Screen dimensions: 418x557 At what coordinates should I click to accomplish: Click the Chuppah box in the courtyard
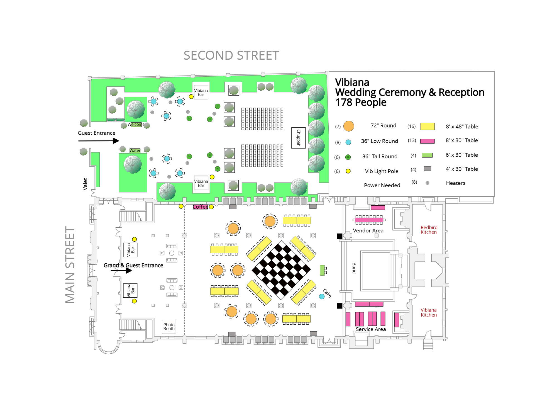298,138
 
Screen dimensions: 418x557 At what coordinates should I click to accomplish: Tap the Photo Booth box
169,326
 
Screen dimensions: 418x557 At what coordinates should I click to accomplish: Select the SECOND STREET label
231,55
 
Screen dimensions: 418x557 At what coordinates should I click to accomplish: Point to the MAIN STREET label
70,265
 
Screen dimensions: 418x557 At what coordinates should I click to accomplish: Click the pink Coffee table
200,207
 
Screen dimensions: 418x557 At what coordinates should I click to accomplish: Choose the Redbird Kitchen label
429,230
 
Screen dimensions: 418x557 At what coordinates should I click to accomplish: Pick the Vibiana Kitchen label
429,312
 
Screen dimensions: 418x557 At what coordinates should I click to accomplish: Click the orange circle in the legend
348,126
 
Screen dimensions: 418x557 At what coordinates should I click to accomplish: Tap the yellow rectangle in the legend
427,126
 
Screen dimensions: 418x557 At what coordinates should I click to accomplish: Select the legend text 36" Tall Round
380,157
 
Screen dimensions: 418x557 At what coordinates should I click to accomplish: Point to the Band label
354,268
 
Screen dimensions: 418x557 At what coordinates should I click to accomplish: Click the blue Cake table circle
322,297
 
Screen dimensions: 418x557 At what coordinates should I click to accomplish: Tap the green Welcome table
136,125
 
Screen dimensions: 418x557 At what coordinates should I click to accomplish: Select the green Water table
135,150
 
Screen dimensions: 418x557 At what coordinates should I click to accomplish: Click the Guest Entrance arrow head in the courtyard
116,141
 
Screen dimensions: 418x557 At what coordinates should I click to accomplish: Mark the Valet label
85,184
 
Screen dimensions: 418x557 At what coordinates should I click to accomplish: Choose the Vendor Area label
368,230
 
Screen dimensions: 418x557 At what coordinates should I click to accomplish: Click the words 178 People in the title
361,103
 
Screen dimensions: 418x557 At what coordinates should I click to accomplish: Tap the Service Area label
371,329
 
